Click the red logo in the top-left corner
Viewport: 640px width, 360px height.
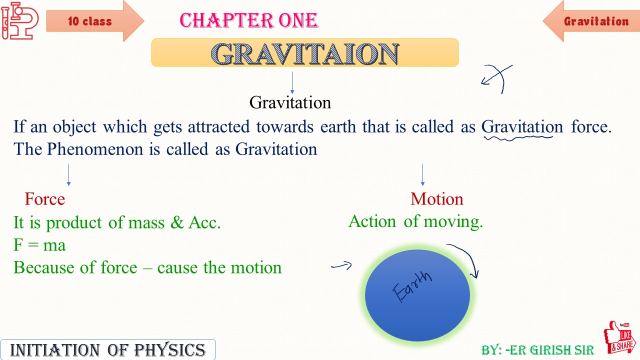click(19, 20)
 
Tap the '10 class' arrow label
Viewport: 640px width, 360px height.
click(90, 21)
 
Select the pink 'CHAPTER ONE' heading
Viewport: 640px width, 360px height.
click(248, 21)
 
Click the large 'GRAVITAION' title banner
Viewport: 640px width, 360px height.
click(304, 53)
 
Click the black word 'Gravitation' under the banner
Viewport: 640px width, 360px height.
click(290, 102)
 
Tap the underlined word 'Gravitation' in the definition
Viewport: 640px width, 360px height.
click(522, 127)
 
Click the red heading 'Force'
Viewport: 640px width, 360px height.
click(44, 199)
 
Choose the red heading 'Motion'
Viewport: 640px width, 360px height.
click(436, 199)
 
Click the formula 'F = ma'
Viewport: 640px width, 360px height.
click(39, 245)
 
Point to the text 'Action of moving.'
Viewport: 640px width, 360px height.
click(415, 221)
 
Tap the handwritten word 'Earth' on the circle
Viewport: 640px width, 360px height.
click(413, 286)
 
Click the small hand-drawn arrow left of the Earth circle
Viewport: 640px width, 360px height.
click(341, 266)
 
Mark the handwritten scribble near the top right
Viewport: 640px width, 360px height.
click(498, 78)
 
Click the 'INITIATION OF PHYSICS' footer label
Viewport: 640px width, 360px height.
click(107, 349)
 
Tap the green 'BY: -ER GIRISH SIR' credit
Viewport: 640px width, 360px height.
click(537, 349)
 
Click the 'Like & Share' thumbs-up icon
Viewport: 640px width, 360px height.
click(620, 337)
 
